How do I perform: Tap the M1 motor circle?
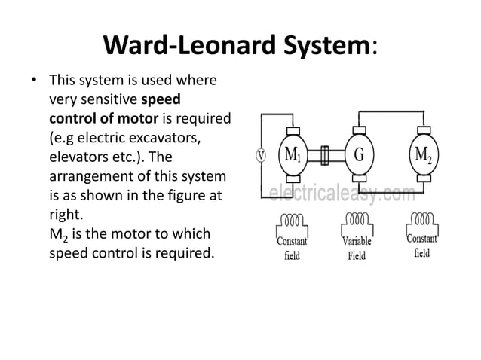293,155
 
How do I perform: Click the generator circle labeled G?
359,155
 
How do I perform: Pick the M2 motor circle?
422,155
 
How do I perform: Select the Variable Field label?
357,249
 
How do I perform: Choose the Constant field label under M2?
422,247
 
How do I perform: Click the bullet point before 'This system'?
32,80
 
